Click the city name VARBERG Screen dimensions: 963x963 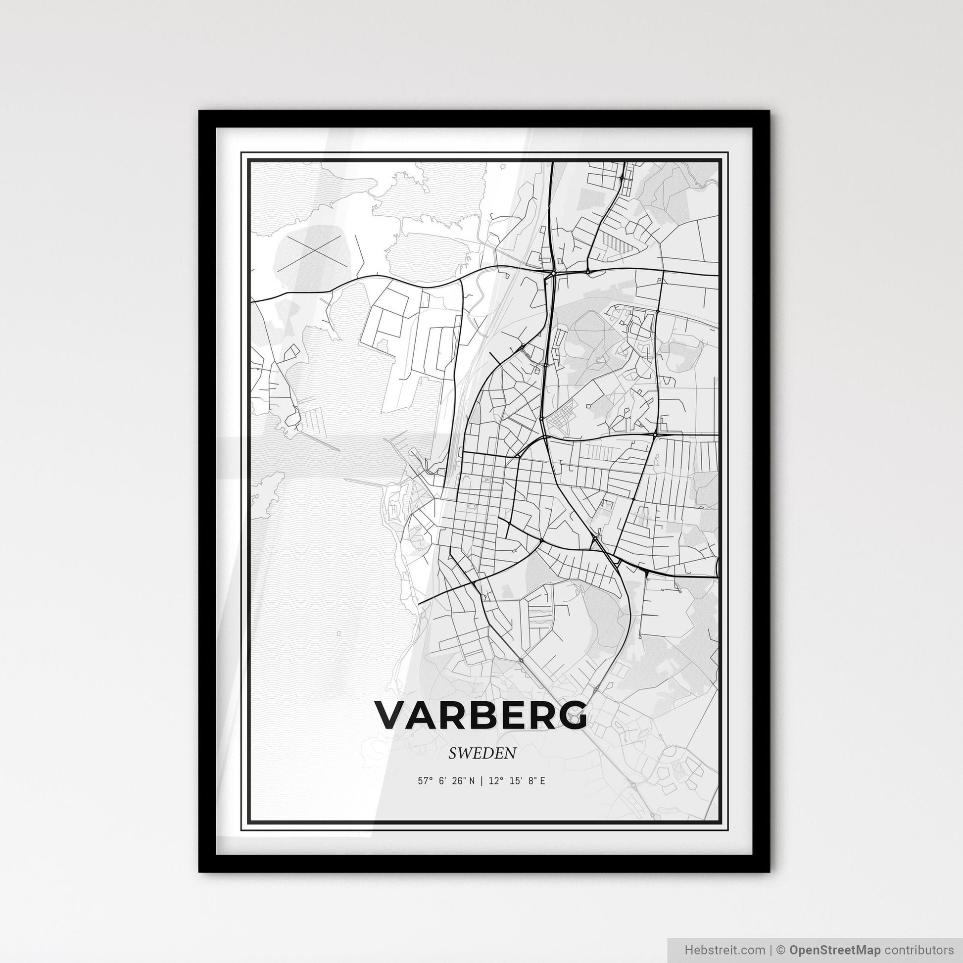click(x=481, y=716)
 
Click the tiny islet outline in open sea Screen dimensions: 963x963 click(x=338, y=634)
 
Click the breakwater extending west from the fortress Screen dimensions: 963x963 click(x=364, y=482)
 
